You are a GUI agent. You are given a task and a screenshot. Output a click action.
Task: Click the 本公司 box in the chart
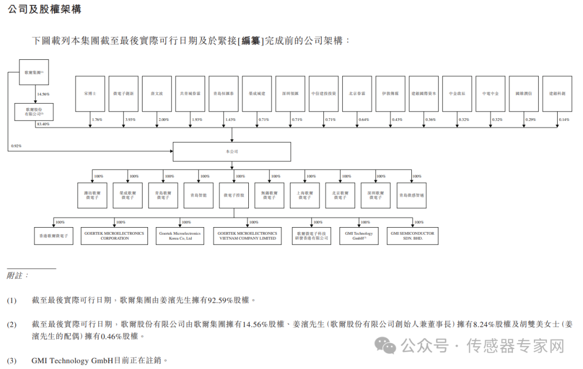click(x=232, y=152)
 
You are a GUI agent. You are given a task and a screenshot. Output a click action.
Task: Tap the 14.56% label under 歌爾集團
click(x=43, y=94)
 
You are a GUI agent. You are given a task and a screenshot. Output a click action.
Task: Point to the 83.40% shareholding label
click(x=43, y=124)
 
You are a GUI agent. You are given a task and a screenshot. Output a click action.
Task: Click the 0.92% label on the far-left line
click(x=16, y=146)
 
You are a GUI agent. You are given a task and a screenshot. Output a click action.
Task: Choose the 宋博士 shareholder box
click(x=90, y=93)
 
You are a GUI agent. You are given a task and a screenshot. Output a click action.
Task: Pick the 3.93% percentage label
click(x=130, y=119)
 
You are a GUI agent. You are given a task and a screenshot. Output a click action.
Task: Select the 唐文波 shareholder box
click(x=157, y=93)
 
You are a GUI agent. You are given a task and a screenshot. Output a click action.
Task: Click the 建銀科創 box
click(x=557, y=93)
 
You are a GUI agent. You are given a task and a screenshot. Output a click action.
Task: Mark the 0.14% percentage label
click(x=564, y=119)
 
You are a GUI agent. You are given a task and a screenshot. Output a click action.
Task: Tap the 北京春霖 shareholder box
click(x=357, y=93)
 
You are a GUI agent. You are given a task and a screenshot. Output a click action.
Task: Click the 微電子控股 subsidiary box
click(x=234, y=195)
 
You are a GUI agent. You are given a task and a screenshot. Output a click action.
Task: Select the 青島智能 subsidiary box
click(x=198, y=195)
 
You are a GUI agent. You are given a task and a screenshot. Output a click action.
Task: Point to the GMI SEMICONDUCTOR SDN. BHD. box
click(x=412, y=236)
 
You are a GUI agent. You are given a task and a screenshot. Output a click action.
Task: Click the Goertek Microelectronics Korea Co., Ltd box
click(x=179, y=236)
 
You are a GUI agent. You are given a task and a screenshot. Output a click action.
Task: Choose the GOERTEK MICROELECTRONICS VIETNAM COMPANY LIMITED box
click(x=247, y=236)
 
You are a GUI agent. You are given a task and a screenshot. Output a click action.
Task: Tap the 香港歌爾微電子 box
click(x=53, y=236)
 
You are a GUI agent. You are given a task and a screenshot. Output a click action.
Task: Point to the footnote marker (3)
click(x=12, y=360)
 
